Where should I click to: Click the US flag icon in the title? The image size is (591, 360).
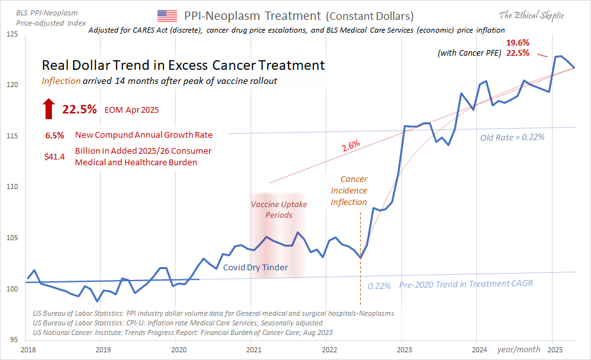pyautogui.click(x=167, y=15)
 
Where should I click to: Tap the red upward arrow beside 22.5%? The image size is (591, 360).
pyautogui.click(x=49, y=109)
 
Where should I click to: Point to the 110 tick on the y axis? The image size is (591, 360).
pyautogui.click(x=13, y=186)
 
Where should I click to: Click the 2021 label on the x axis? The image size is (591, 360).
pyautogui.click(x=254, y=350)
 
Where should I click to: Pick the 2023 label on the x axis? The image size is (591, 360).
pyautogui.click(x=404, y=350)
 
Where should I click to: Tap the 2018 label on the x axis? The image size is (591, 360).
pyautogui.click(x=28, y=350)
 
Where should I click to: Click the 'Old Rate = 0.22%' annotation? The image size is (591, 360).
pyautogui.click(x=512, y=137)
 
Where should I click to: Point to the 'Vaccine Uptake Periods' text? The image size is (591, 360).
pyautogui.click(x=279, y=209)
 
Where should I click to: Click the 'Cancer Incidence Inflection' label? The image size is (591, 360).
pyautogui.click(x=349, y=191)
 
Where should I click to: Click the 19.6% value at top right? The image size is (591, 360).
pyautogui.click(x=518, y=43)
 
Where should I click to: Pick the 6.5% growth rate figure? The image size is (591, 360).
pyautogui.click(x=54, y=135)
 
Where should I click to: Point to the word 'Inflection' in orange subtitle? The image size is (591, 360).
pyautogui.click(x=62, y=81)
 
